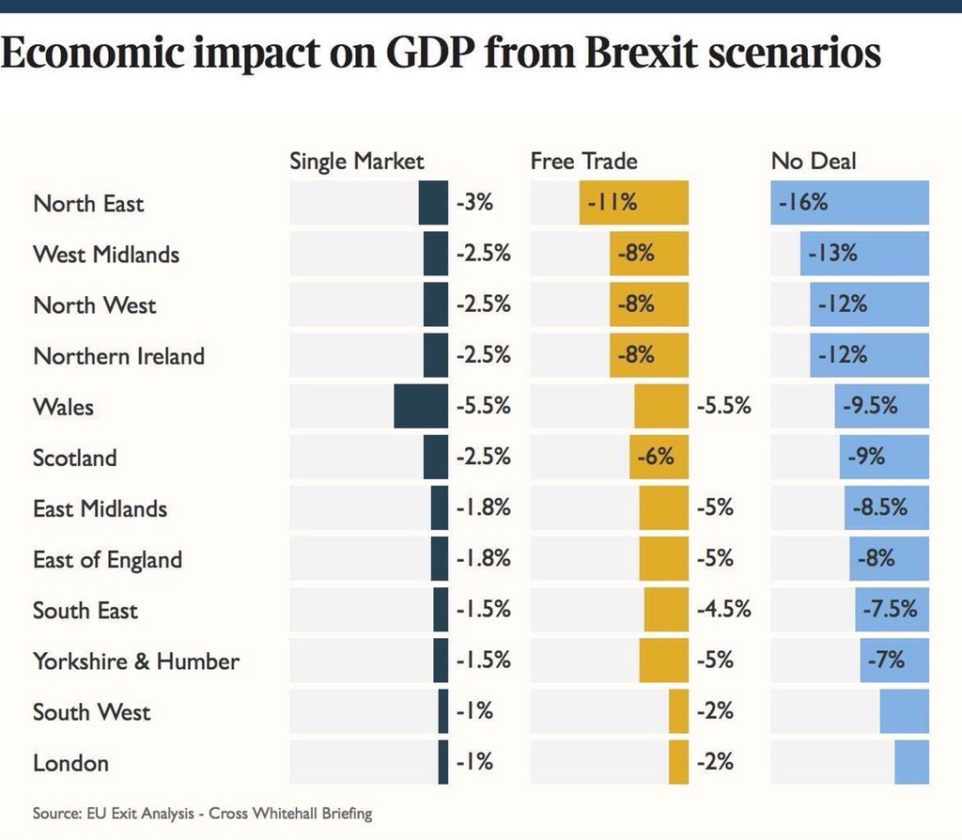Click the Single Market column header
[356, 161]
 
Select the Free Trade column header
[583, 161]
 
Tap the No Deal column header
[814, 161]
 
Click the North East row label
[88, 204]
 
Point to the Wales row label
[63, 407]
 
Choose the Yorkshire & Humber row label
[136, 661]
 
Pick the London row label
[70, 762]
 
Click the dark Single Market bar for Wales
[421, 407]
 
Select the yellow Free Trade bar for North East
[633, 203]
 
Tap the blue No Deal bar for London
[911, 762]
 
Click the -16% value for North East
[802, 203]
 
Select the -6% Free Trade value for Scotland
[655, 458]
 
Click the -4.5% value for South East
[723, 610]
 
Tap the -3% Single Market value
[474, 203]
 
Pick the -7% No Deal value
[887, 661]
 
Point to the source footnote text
[202, 813]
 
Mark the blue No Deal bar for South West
[905, 711]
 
